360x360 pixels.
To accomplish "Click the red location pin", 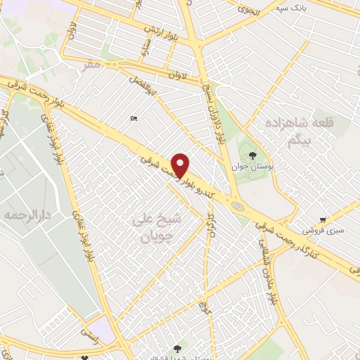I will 181,165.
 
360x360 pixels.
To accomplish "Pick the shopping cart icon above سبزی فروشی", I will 323,219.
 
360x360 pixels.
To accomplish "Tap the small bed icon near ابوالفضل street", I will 134,119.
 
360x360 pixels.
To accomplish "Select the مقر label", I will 91,65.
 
